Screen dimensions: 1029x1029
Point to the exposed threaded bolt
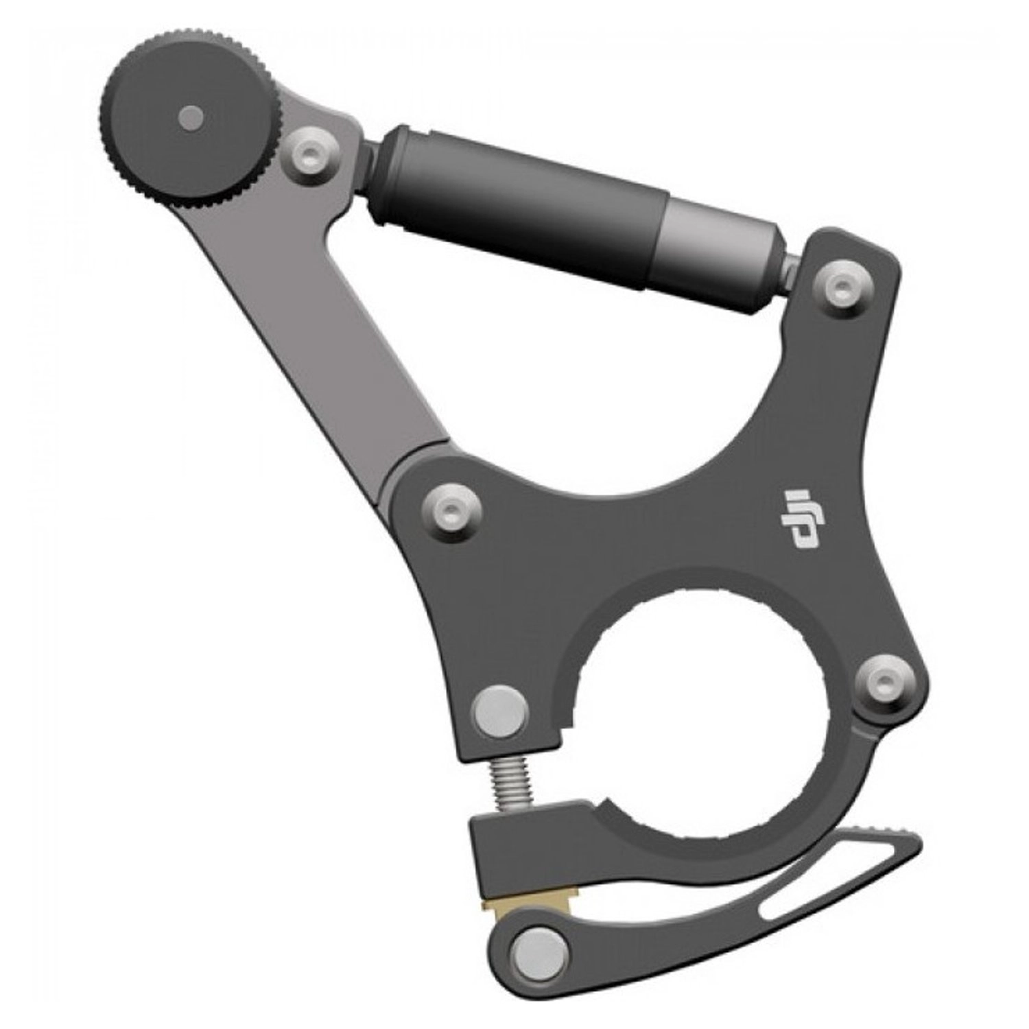click(x=510, y=784)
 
